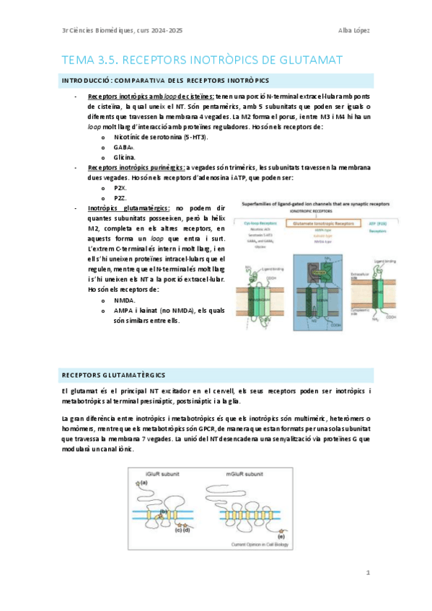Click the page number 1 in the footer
click(368, 573)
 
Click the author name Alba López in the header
click(354, 30)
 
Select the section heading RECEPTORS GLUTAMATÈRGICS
click(114, 375)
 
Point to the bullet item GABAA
click(125, 146)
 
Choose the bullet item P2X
click(120, 187)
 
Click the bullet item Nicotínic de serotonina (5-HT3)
click(161, 135)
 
